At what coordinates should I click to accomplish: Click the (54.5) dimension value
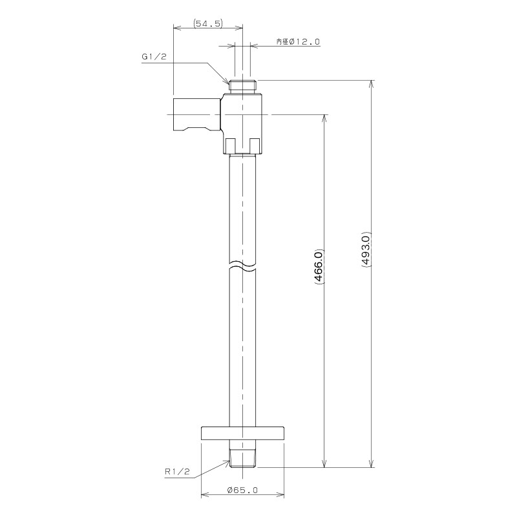coord(208,23)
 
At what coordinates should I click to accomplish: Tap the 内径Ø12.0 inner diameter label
coord(298,41)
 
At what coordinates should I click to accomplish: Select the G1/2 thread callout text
coord(154,57)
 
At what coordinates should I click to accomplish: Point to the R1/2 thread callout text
coord(177,472)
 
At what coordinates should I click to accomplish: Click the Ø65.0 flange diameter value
coord(242,491)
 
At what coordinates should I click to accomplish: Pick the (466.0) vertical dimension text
coord(319,266)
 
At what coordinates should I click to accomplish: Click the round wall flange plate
coord(242,433)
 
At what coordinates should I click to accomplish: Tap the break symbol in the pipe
coord(242,267)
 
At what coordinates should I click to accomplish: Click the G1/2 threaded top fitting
coord(243,87)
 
